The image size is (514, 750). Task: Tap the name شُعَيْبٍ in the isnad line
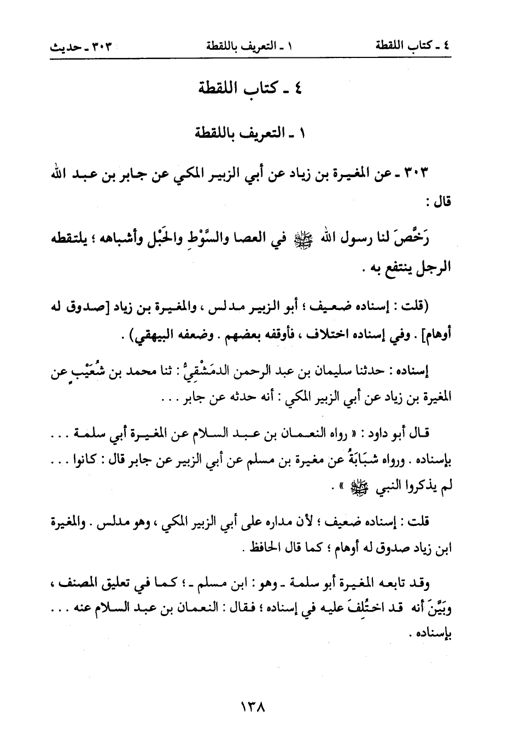pos(85,373)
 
